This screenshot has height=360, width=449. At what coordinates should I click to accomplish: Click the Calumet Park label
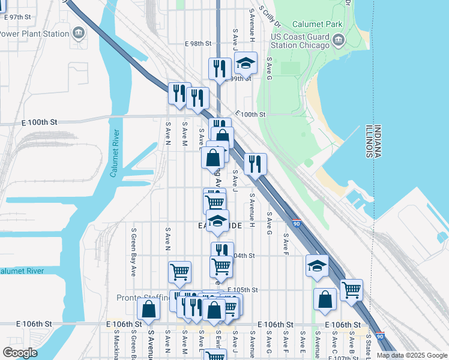tap(317, 25)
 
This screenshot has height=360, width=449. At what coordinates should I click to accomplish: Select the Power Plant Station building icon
tap(79, 32)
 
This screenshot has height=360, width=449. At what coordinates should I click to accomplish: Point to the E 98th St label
tap(198, 44)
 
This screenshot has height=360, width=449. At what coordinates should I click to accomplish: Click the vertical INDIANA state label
tap(377, 142)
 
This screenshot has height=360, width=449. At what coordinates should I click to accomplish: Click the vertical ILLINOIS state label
tap(368, 142)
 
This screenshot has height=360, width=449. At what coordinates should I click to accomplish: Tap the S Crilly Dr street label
tap(270, 17)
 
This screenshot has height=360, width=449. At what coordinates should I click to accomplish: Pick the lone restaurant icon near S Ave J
tap(255, 163)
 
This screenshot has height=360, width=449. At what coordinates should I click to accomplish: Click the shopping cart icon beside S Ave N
tap(179, 272)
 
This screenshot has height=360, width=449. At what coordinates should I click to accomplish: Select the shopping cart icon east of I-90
tap(351, 290)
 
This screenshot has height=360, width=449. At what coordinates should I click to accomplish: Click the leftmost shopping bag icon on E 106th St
tap(148, 309)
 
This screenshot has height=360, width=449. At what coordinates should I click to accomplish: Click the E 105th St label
tap(246, 290)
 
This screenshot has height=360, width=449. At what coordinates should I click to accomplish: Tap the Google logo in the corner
tap(20, 352)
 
